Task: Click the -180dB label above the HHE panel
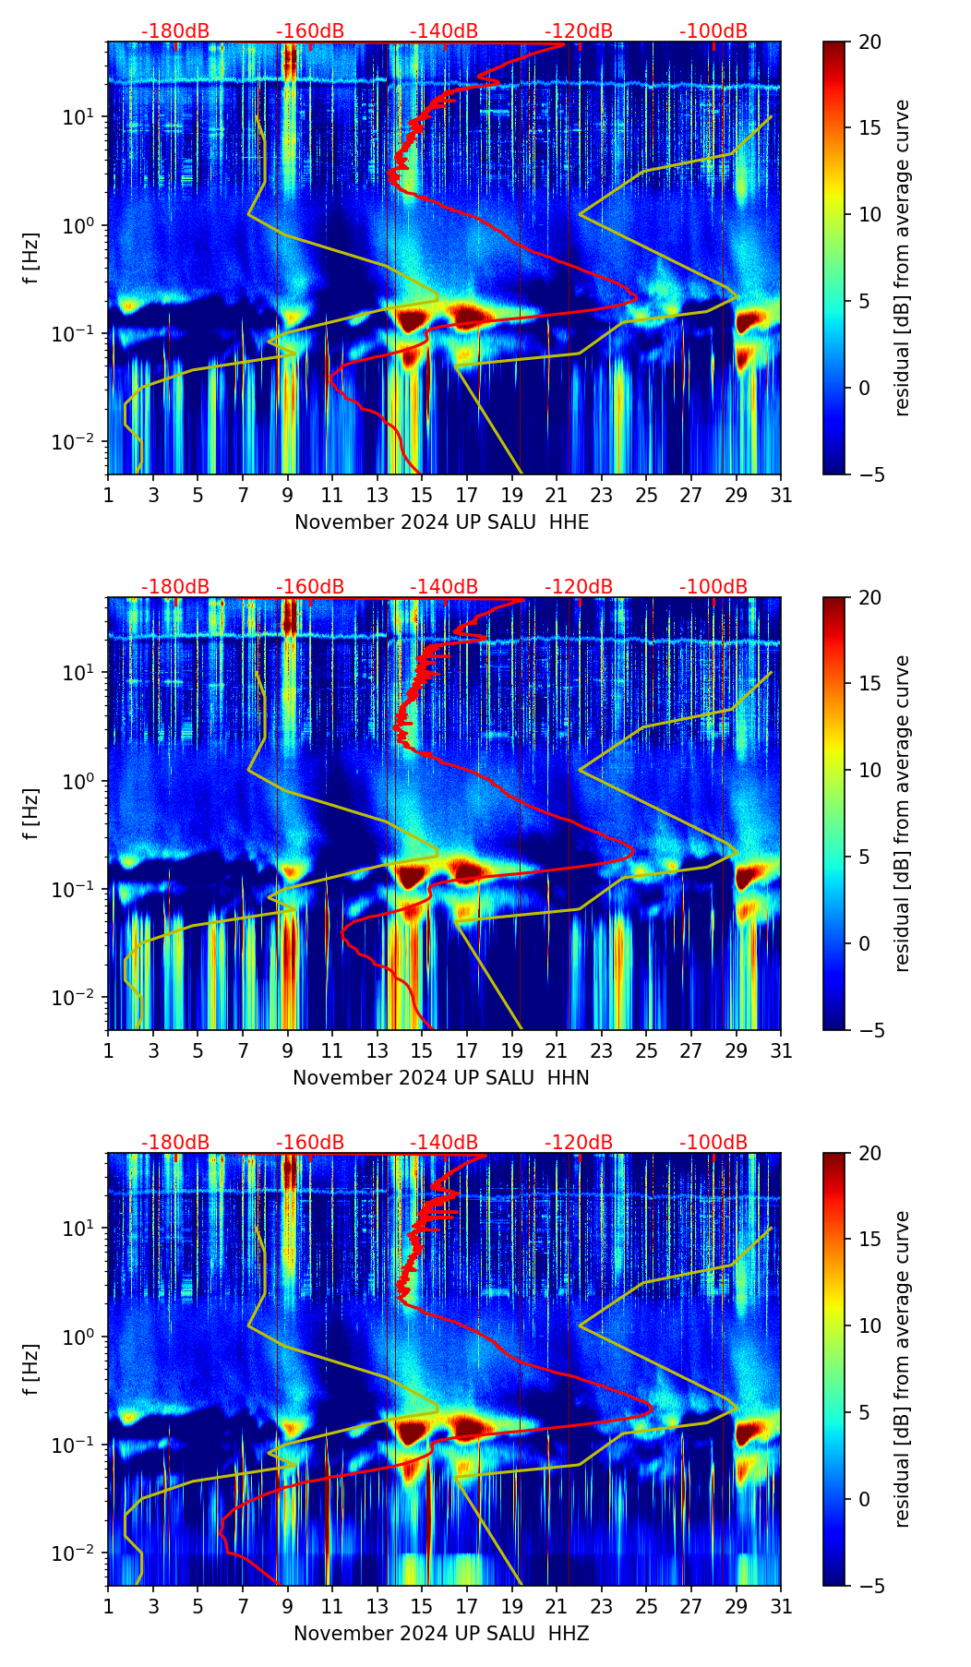point(175,31)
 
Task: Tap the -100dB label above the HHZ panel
point(713,1143)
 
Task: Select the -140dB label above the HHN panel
point(444,587)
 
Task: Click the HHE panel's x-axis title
point(441,522)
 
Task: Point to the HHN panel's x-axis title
point(441,1078)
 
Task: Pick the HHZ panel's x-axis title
point(441,1634)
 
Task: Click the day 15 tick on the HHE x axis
point(422,495)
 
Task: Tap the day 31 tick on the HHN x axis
point(781,1050)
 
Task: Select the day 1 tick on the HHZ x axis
point(109,1606)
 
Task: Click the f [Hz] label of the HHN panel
point(31,813)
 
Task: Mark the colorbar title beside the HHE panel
point(902,258)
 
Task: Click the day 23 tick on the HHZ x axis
point(601,1606)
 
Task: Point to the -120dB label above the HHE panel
point(579,31)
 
